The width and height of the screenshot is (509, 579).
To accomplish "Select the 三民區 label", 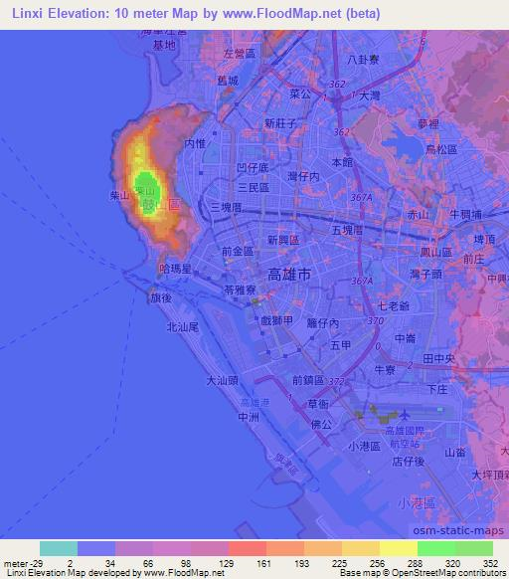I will point(253,187).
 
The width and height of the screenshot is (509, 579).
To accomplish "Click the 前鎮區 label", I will point(309,379).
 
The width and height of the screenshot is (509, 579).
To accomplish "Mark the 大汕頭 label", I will point(222,379).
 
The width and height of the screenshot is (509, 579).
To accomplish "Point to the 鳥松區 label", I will point(439,149).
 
